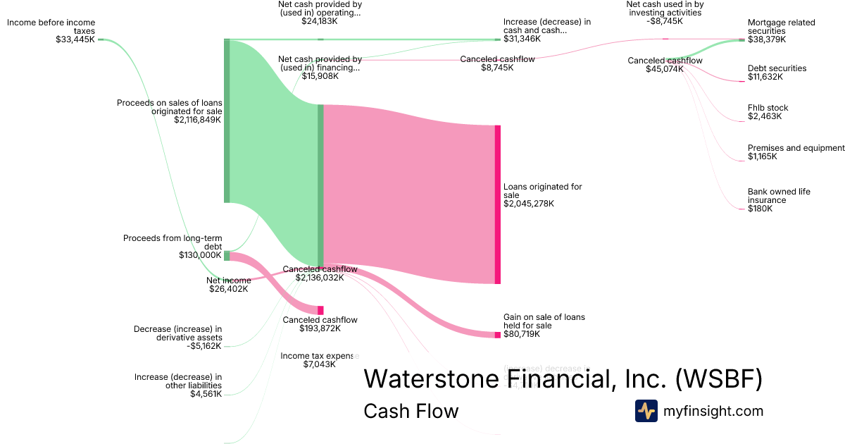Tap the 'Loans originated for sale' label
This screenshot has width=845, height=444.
coord(543,195)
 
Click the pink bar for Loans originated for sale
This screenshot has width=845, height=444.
coord(498,204)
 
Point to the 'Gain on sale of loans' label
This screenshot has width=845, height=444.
coord(544,326)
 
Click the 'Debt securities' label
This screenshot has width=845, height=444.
coord(777,73)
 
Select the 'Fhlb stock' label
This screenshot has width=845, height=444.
coord(768,112)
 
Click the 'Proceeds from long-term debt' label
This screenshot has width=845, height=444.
coord(173,247)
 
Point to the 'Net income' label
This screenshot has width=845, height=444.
coord(228,285)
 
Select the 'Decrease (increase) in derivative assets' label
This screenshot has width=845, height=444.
coord(177,337)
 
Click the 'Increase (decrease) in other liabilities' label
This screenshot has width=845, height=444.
coord(177,386)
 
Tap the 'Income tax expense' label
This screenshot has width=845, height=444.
coord(319,360)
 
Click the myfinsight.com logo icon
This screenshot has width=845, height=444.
coord(646,411)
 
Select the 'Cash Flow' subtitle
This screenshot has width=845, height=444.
coord(411,411)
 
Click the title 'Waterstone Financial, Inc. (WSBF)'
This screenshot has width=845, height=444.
coord(563,379)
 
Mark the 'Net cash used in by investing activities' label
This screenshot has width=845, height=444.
coord(664,13)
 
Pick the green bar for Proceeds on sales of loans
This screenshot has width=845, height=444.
coord(227,121)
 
